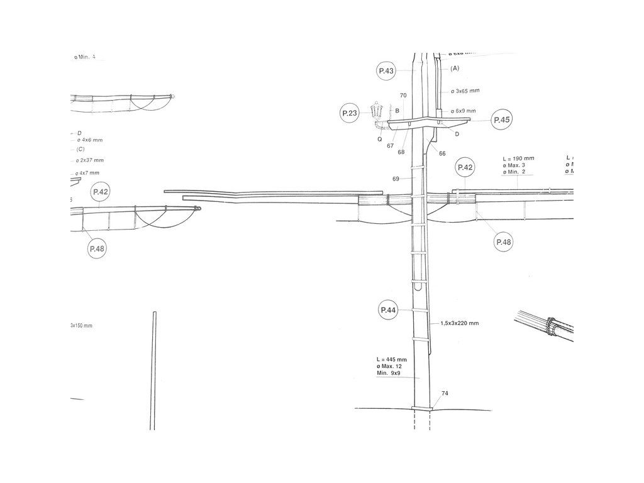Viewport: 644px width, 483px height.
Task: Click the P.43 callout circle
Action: [386, 72]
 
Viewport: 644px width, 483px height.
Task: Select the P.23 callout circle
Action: [350, 113]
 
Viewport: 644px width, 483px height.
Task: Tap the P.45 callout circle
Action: [501, 120]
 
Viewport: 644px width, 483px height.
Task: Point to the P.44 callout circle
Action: [388, 310]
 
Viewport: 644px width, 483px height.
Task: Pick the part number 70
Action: [403, 96]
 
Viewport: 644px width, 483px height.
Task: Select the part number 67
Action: [391, 146]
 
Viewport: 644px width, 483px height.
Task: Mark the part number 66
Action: [442, 153]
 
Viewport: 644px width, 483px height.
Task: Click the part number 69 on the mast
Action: [396, 179]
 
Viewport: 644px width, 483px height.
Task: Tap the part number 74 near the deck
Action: [445, 393]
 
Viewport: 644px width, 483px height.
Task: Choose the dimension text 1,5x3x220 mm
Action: [460, 323]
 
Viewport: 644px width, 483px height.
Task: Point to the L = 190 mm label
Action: [519, 158]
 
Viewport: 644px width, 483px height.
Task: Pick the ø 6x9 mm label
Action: [466, 111]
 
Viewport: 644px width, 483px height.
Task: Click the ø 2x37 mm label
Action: [90, 160]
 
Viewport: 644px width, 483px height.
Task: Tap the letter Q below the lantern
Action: [380, 140]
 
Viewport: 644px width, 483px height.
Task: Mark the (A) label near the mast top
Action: [455, 68]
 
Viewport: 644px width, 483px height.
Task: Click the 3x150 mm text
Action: [82, 326]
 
